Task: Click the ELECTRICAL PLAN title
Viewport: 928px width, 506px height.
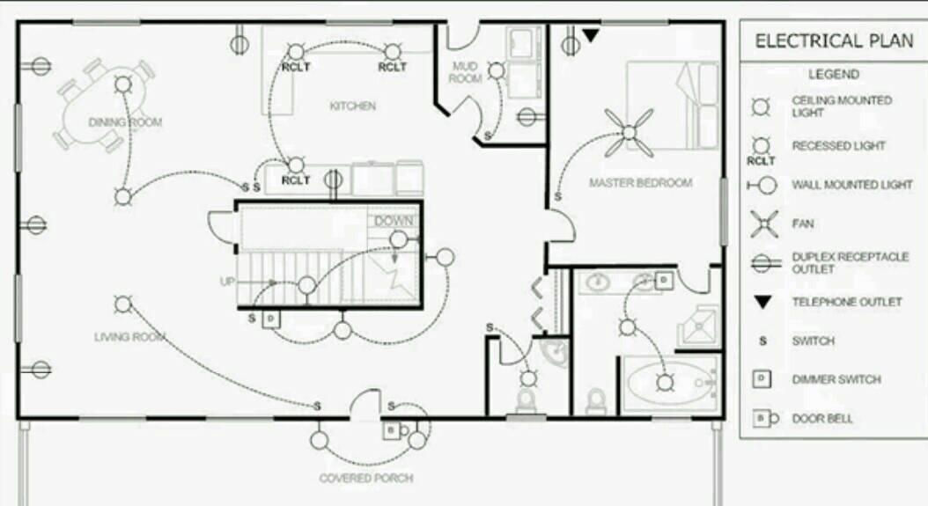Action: [x=834, y=40]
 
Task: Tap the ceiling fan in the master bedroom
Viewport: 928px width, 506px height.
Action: [x=630, y=133]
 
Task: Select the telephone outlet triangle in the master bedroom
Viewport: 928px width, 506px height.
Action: [x=591, y=35]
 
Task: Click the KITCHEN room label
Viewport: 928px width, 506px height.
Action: [x=353, y=106]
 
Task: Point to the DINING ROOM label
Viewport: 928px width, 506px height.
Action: [x=125, y=122]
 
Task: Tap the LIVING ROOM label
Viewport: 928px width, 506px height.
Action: [x=129, y=337]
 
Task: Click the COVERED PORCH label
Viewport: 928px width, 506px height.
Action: [x=366, y=478]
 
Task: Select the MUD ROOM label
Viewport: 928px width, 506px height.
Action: [x=465, y=72]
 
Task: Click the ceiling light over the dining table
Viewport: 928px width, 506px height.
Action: [x=123, y=84]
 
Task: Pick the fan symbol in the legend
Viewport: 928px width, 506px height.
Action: [x=764, y=224]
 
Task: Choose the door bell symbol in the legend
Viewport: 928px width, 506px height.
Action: [x=765, y=418]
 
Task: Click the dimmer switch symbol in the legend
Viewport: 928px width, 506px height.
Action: [x=762, y=378]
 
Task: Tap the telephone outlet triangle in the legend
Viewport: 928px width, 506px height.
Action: [x=762, y=303]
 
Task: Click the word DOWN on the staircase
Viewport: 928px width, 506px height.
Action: [x=394, y=222]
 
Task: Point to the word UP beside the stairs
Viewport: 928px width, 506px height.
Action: [x=227, y=282]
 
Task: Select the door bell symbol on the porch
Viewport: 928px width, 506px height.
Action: [x=396, y=430]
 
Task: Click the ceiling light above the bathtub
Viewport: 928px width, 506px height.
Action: [x=666, y=383]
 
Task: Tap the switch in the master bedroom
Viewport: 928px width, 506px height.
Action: [x=557, y=196]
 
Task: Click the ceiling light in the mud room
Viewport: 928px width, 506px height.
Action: [x=497, y=71]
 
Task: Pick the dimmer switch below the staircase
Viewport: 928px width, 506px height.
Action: [x=270, y=319]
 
